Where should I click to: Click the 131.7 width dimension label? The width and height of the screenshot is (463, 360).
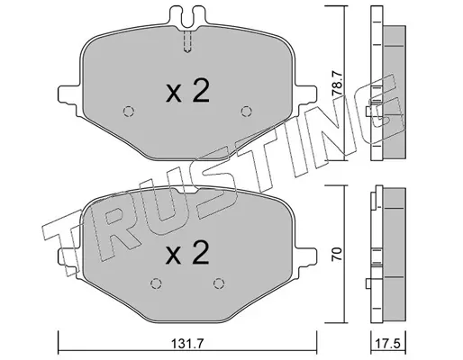(x=187, y=344)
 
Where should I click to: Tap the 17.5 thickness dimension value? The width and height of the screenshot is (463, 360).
(x=388, y=344)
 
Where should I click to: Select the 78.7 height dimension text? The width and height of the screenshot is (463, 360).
(x=337, y=83)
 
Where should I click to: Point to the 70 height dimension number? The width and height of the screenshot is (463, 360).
(x=337, y=254)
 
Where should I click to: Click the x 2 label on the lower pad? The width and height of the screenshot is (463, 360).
(x=187, y=253)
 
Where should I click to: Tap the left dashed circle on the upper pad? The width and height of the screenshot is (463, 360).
(x=129, y=112)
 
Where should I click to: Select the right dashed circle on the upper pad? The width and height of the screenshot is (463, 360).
(x=247, y=112)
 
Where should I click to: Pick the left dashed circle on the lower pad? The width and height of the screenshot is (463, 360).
(x=156, y=283)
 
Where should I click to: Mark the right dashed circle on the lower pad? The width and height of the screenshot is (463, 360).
(x=219, y=283)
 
